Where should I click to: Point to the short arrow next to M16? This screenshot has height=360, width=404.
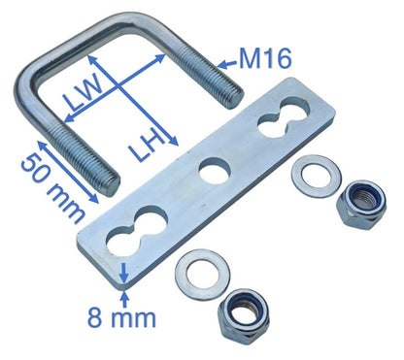point(225,67)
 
